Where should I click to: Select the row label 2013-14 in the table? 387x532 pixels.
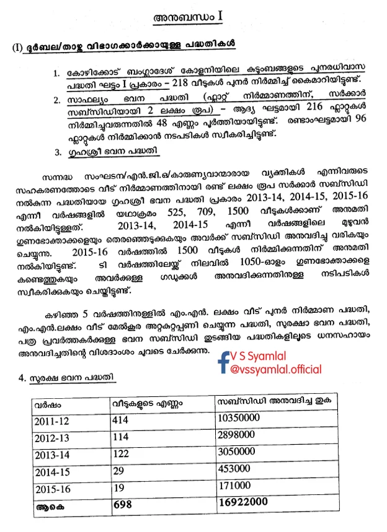(x=53, y=455)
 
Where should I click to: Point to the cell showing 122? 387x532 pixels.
(x=124, y=453)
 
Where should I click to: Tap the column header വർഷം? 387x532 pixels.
(x=48, y=403)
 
